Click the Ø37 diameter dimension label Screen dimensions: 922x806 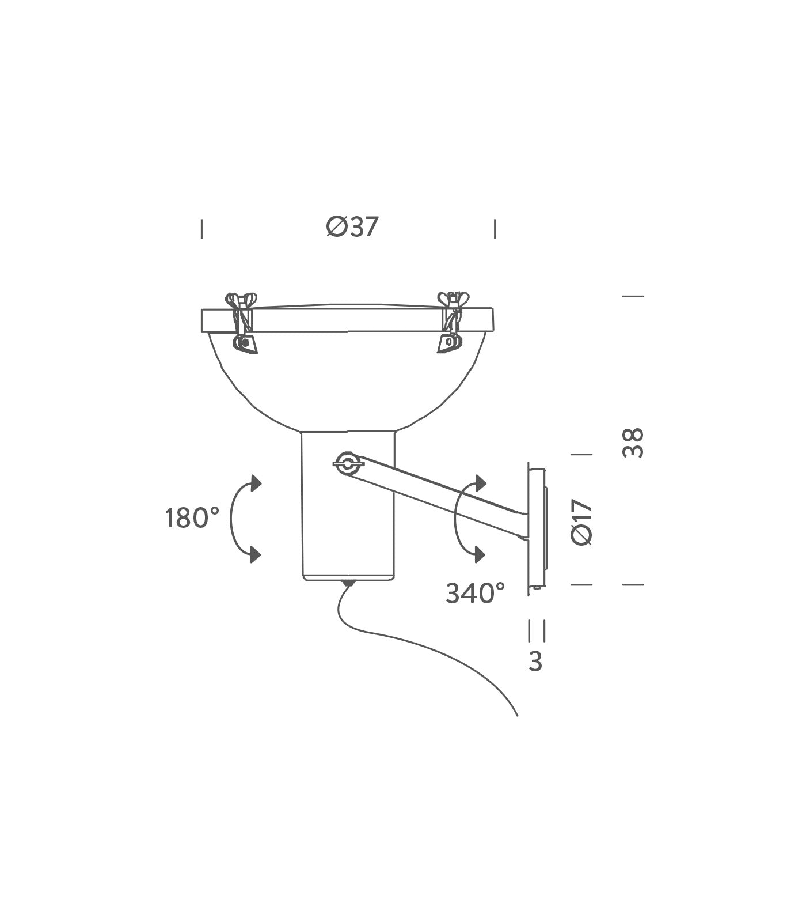point(352,227)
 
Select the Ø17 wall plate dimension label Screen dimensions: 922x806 point(581,522)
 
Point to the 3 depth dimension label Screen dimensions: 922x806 point(535,662)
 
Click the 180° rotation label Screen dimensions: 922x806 point(192,518)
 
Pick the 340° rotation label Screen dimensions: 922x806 point(476,593)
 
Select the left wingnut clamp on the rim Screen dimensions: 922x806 point(243,322)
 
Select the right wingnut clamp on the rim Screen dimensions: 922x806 point(450,322)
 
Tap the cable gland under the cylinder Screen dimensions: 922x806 point(347,584)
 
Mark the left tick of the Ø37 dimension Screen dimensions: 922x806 point(201,229)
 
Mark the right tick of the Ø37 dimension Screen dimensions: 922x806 point(495,229)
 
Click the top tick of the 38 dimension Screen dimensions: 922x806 point(633,296)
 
